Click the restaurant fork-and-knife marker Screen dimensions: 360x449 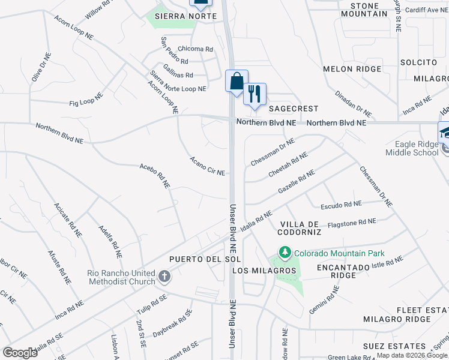255,93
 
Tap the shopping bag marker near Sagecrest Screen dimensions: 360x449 237,80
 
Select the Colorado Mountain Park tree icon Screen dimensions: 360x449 285,253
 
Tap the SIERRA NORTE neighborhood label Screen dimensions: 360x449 177,16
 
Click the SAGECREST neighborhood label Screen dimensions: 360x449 293,109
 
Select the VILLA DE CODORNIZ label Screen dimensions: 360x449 300,227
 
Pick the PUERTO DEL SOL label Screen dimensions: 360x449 205,259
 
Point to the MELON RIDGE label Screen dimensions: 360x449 352,69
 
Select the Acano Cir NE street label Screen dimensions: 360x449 207,166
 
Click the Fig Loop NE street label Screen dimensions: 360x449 86,100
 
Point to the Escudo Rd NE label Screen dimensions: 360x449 340,205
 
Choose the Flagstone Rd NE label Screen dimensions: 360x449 350,223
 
